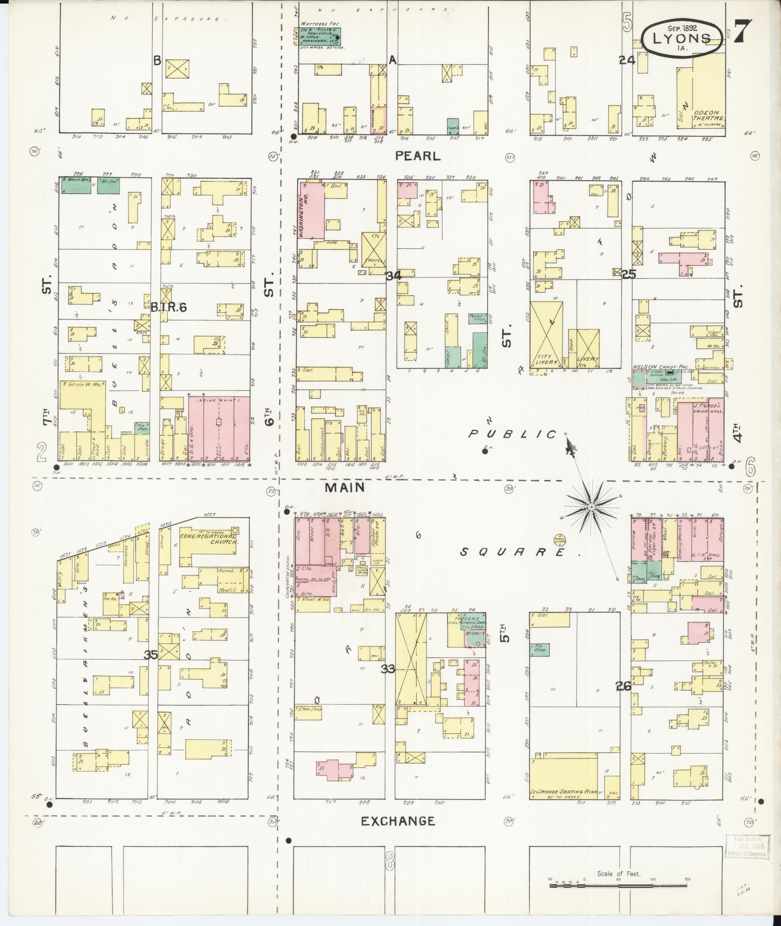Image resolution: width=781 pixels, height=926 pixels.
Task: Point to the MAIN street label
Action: (x=344, y=487)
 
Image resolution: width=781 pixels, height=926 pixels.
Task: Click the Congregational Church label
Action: (x=208, y=539)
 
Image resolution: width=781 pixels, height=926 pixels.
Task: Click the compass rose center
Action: (x=591, y=506)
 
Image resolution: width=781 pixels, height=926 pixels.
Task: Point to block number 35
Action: (x=151, y=655)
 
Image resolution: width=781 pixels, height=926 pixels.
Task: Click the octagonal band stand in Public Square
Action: (x=560, y=540)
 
